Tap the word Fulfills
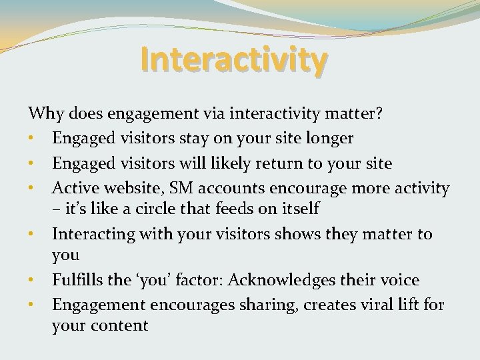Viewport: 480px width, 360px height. coord(78,281)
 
